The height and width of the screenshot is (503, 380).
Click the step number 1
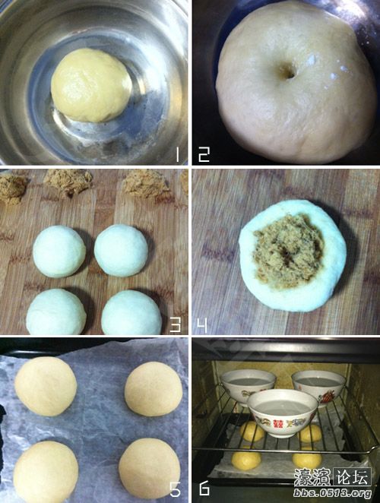177,154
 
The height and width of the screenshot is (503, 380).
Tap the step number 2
204,154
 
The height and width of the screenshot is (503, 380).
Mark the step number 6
204,489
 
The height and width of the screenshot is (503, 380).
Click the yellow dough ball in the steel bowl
91,85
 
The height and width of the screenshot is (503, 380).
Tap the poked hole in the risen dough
287,73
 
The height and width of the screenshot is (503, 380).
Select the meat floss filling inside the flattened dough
288,251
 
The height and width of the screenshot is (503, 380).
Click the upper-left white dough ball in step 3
59,251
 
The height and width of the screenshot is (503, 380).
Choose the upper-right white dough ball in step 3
121,251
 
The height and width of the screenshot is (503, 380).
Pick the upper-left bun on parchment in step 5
46,386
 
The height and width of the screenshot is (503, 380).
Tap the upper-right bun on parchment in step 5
154,389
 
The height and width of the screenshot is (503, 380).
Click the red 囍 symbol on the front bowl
278,423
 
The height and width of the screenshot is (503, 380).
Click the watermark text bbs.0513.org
332,492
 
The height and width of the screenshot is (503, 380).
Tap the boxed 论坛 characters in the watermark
352,476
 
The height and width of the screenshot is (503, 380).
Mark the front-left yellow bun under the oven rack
245,460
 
